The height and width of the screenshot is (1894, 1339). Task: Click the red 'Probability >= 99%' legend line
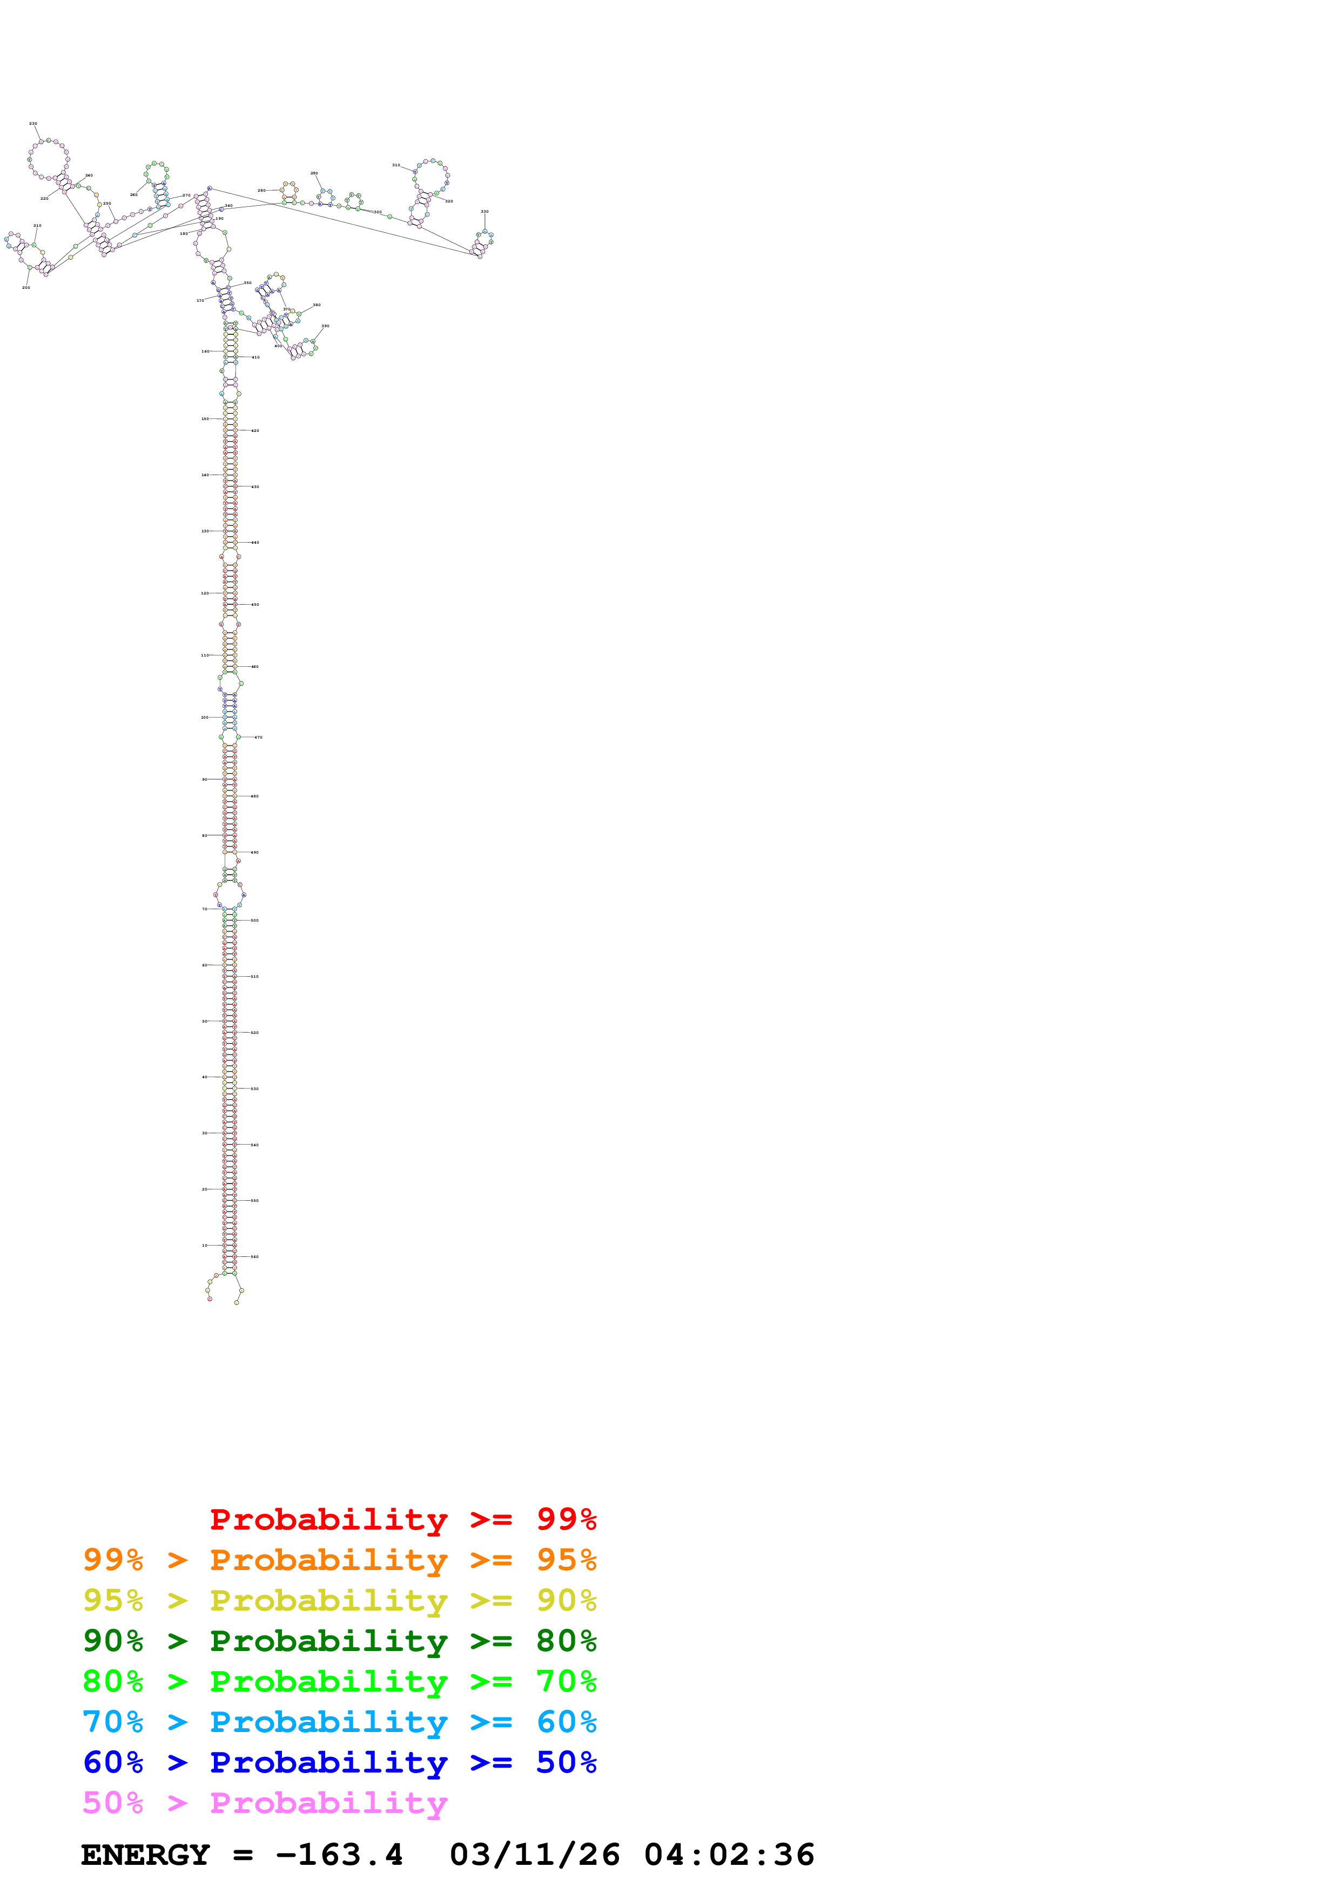pos(402,1519)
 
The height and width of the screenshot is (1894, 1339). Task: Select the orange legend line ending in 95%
pos(339,1560)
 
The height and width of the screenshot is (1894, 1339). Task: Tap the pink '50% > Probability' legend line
pos(265,1802)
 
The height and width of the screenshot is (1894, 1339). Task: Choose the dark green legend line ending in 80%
pos(339,1641)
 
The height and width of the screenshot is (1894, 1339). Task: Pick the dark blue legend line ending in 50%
pos(339,1762)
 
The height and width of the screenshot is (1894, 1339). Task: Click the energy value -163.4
pos(339,1855)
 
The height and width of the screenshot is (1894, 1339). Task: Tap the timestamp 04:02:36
pos(729,1855)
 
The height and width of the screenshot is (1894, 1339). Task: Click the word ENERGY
pos(145,1855)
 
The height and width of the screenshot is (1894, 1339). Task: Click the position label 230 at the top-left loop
pos(33,124)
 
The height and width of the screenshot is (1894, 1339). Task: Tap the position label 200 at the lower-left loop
pos(25,288)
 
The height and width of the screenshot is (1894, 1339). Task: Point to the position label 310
pos(396,165)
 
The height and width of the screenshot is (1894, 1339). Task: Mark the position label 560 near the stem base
pos(255,1256)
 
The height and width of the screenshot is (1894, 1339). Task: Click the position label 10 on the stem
pos(205,1245)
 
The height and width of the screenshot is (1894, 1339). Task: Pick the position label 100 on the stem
pos(205,718)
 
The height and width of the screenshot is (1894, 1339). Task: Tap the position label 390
pos(325,326)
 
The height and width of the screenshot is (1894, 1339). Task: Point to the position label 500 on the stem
pos(255,920)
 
